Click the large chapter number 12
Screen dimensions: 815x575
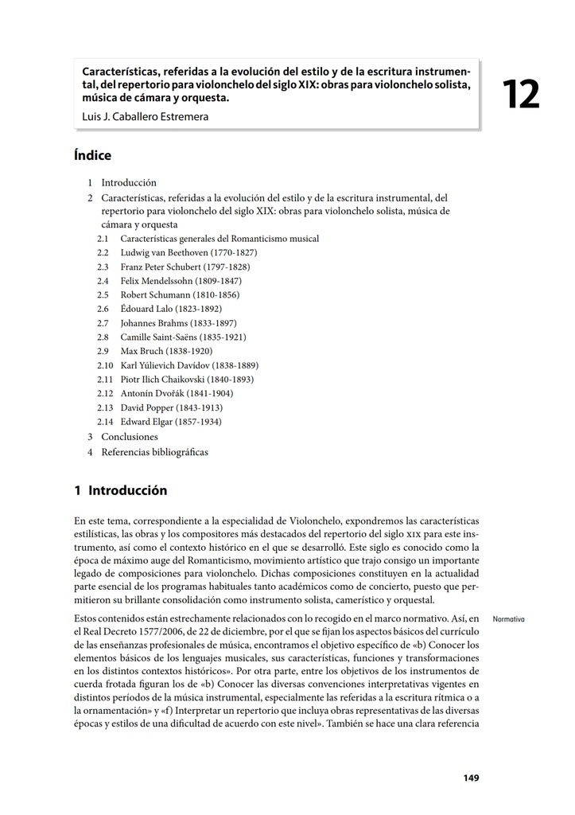click(x=521, y=96)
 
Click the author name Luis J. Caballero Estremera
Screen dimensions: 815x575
click(x=146, y=116)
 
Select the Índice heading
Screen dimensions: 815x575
click(x=92, y=155)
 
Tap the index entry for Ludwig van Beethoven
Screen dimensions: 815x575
click(x=188, y=252)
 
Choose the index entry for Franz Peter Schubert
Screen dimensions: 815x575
click(x=185, y=267)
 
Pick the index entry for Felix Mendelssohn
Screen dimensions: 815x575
click(x=181, y=281)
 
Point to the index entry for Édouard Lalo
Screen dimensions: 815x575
click(x=171, y=309)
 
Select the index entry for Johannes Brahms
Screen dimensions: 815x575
click(x=178, y=323)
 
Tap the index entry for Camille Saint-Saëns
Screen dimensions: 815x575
click(x=183, y=337)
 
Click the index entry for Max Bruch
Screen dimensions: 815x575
click(x=166, y=351)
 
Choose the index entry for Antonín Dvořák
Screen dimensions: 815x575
click(x=176, y=393)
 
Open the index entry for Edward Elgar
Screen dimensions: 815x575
click(x=171, y=422)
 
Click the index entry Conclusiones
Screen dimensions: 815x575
click(x=130, y=437)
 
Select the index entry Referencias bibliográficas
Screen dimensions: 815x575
click(x=154, y=452)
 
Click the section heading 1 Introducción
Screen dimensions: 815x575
click(x=120, y=490)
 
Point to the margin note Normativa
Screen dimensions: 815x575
click(x=509, y=618)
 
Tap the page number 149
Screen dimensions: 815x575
click(x=471, y=778)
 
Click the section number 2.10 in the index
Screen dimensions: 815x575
click(x=106, y=365)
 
